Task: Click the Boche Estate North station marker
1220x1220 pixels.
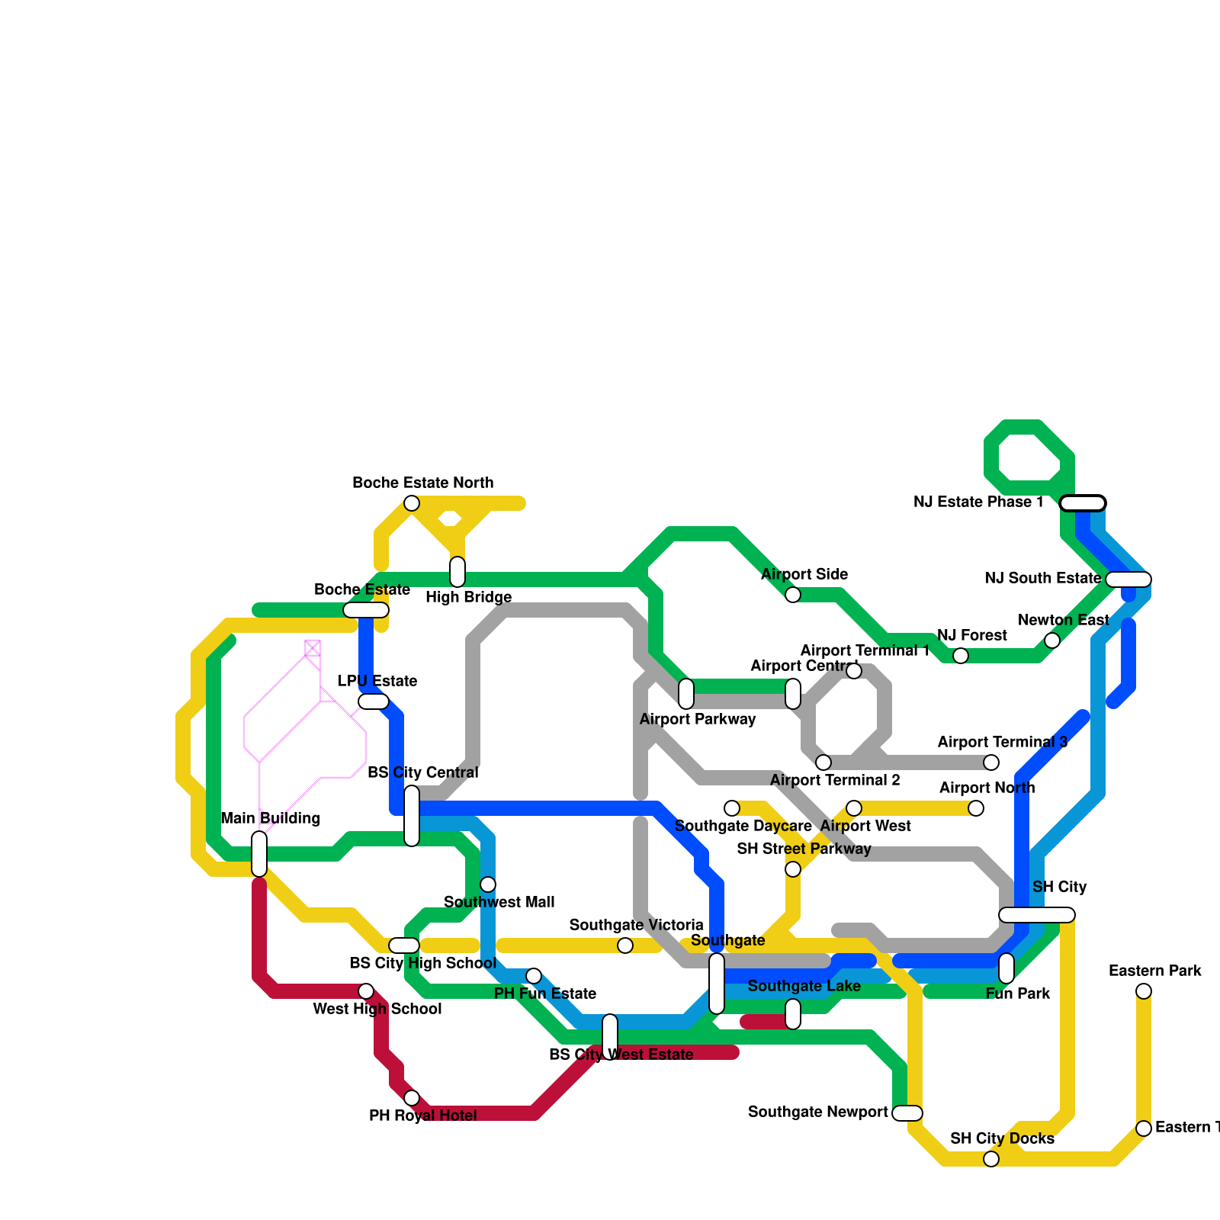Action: (x=412, y=503)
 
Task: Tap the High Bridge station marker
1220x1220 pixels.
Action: (x=457, y=572)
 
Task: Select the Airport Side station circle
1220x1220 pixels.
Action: (x=793, y=595)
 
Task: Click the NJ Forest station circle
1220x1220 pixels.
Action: (x=961, y=656)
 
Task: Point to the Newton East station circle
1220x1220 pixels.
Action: (x=1052, y=640)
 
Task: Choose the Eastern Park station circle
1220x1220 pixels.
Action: (x=1144, y=991)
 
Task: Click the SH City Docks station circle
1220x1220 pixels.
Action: (x=991, y=1159)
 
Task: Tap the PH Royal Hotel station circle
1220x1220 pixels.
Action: (x=412, y=1098)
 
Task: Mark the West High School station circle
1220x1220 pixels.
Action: (x=366, y=991)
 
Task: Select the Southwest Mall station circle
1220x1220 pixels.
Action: (x=488, y=884)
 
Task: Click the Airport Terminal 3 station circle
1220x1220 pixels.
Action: (x=991, y=762)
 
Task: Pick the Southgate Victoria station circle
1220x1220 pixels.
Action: (x=625, y=945)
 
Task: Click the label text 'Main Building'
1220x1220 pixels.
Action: (x=270, y=819)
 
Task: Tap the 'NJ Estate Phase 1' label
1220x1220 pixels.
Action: (x=978, y=502)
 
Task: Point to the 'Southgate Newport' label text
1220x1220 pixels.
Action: (x=817, y=1112)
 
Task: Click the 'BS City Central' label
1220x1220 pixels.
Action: (x=422, y=773)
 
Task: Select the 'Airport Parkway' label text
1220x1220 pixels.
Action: (x=698, y=720)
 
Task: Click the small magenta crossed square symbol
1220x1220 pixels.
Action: (x=313, y=649)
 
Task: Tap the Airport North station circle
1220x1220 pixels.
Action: (x=976, y=808)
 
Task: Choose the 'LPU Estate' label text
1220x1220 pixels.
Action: (x=377, y=682)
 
